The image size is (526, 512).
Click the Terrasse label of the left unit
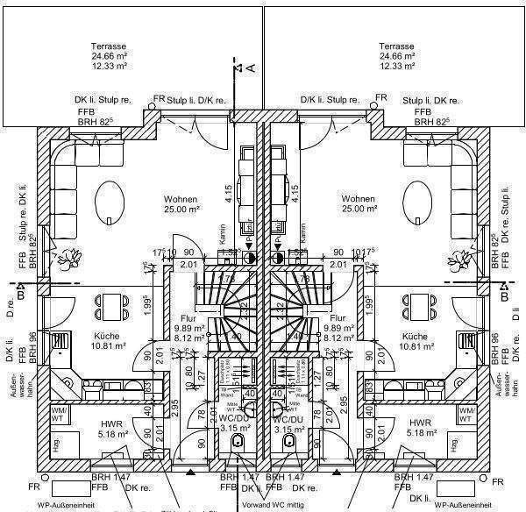coord(109,46)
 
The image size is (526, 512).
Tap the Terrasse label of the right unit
coord(396,46)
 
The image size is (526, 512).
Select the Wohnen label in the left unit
coord(181,200)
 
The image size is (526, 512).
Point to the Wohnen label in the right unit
coord(359,200)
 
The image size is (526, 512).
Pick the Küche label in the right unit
coord(415,337)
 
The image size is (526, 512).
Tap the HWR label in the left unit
coord(98,423)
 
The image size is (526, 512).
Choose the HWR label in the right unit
coord(420,423)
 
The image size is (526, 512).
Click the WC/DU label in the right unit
coord(287,419)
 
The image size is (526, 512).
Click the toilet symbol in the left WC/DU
coord(238,445)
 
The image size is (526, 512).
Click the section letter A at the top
coord(250,67)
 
